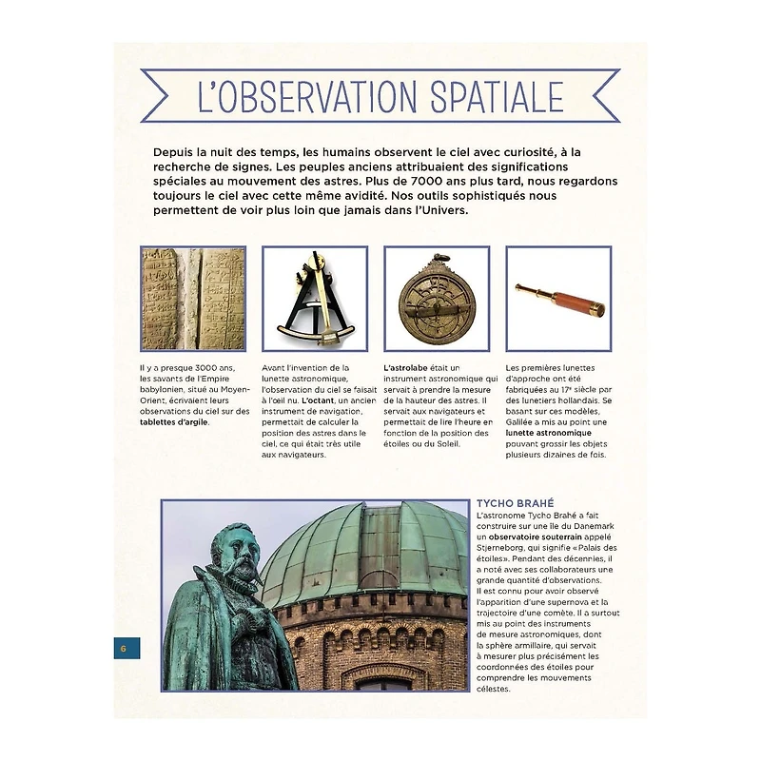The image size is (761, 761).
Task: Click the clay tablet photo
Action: point(193,300)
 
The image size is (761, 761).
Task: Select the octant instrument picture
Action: point(314,300)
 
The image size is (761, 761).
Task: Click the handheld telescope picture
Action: point(558,300)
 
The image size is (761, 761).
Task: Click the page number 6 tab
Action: point(124,649)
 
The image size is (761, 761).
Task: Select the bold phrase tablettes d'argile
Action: point(174,422)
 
